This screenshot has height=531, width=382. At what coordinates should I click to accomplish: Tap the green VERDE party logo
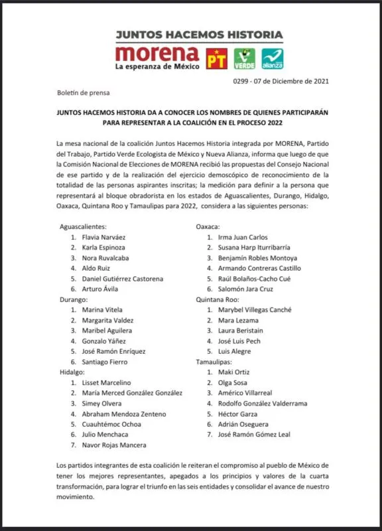(244, 58)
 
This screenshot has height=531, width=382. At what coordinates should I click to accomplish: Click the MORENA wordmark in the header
(157, 53)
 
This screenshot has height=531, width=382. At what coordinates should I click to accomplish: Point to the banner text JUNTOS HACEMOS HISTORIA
(199, 35)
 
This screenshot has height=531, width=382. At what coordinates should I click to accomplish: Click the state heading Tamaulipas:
(216, 362)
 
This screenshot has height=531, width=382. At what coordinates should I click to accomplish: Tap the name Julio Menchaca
(109, 435)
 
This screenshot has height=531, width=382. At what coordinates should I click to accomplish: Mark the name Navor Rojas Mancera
(118, 445)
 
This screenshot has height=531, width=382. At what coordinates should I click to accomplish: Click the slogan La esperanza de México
(157, 67)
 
